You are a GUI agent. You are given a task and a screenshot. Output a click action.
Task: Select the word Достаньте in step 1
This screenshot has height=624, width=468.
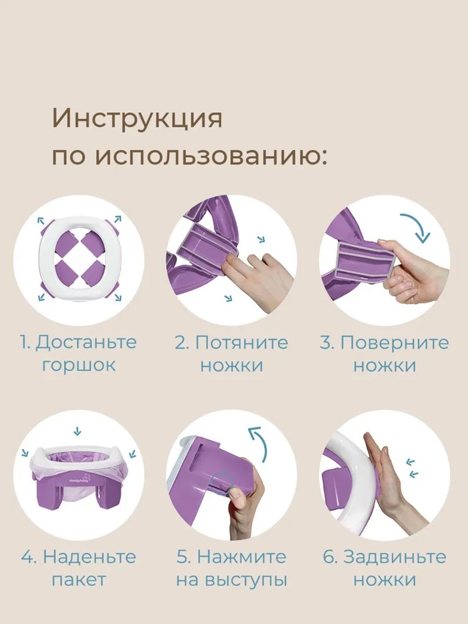pyautogui.click(x=86, y=342)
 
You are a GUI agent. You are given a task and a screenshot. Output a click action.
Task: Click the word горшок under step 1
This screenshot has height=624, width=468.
pyautogui.click(x=79, y=364)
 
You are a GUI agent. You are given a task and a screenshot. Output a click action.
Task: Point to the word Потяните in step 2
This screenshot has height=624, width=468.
pyautogui.click(x=241, y=342)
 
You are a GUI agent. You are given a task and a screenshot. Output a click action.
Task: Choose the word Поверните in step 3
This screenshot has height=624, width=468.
pyautogui.click(x=395, y=342)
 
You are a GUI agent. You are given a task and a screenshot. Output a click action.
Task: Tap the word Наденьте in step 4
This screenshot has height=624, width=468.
pyautogui.click(x=89, y=557)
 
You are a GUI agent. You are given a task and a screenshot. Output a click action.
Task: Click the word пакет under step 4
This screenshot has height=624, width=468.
pyautogui.click(x=79, y=580)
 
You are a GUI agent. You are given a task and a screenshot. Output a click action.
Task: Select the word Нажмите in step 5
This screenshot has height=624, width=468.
pyautogui.click(x=241, y=557)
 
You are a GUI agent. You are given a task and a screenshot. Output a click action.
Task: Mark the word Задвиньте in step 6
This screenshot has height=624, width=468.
pyautogui.click(x=395, y=557)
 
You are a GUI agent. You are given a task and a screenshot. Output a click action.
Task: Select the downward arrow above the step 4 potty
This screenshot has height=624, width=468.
pyautogui.click(x=78, y=431)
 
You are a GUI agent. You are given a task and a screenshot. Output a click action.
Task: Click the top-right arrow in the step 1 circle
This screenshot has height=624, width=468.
pyautogui.click(x=117, y=219)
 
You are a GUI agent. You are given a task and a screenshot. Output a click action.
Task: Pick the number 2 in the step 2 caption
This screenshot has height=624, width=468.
pyautogui.click(x=181, y=342)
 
